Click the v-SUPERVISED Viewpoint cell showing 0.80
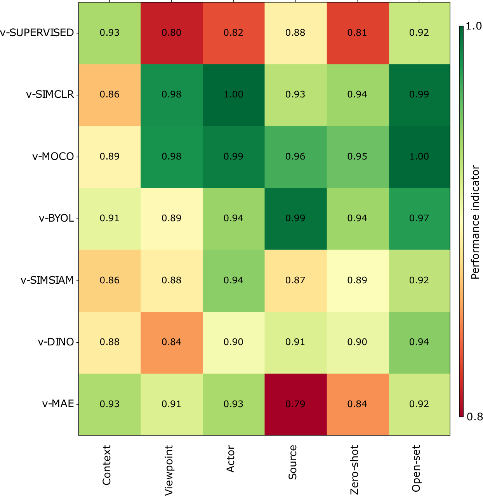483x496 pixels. click(171, 33)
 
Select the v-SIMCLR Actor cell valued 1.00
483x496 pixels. click(233, 95)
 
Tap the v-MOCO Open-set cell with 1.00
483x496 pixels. click(419, 157)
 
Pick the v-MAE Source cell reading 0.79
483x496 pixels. click(295, 404)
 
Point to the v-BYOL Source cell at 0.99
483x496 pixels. click(295, 219)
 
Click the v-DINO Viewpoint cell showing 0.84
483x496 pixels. click(171, 343)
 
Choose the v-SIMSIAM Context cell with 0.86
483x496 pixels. click(109, 281)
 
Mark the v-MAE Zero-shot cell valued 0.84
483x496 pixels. click(358, 404)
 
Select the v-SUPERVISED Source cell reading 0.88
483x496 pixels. click(295, 33)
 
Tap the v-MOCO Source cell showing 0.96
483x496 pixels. click(295, 157)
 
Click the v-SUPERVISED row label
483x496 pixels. click(37, 33)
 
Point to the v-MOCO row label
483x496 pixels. click(53, 156)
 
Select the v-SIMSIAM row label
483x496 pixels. click(47, 280)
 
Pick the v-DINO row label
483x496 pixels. click(56, 342)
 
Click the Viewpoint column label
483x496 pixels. click(169, 470)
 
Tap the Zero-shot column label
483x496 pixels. click(354, 470)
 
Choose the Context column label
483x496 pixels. click(106, 465)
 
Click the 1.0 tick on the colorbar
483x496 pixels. click(474, 26)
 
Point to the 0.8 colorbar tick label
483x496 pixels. click(474, 417)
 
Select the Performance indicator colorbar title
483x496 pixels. click(475, 222)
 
